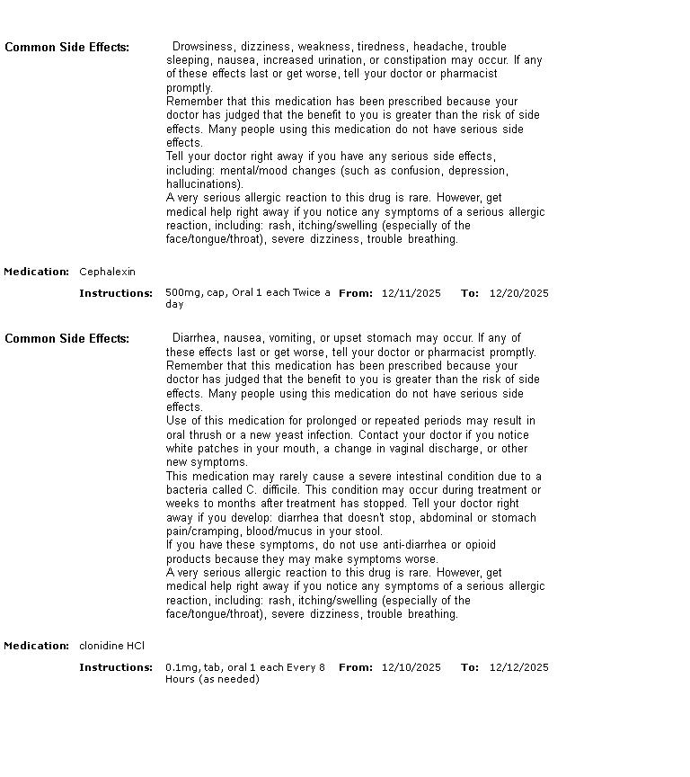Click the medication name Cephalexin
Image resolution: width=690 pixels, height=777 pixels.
107,272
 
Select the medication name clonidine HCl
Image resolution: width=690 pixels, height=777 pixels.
111,646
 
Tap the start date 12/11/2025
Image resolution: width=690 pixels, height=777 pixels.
411,293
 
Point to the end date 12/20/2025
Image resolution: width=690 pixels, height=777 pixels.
518,293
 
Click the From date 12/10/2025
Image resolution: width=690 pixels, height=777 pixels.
411,667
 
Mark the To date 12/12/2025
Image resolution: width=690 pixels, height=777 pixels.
518,667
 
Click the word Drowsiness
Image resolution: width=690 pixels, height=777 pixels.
202,47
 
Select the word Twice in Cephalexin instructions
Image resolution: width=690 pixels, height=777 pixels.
307,293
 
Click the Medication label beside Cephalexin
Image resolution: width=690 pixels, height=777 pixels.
36,272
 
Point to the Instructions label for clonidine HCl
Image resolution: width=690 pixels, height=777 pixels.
116,667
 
